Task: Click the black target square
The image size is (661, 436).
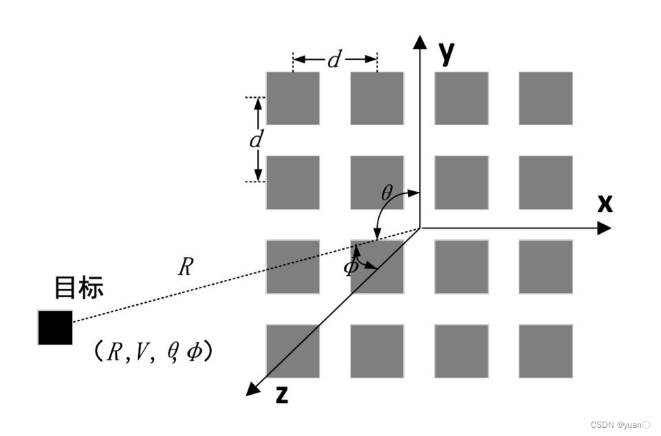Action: pyautogui.click(x=55, y=327)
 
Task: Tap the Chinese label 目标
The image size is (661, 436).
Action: pyautogui.click(x=79, y=287)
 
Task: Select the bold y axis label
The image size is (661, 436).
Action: pyautogui.click(x=447, y=52)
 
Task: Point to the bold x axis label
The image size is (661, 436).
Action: pyautogui.click(x=605, y=203)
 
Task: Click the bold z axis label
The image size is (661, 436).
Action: pyautogui.click(x=281, y=395)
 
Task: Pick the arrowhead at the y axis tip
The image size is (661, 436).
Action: pyautogui.click(x=420, y=41)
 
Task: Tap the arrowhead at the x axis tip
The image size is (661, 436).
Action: pyautogui.click(x=605, y=228)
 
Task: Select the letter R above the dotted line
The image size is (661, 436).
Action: pyautogui.click(x=184, y=267)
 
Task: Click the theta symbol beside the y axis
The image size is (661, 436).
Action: pyautogui.click(x=387, y=193)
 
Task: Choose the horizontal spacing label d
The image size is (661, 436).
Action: pyautogui.click(x=334, y=61)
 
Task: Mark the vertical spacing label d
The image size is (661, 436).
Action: pyautogui.click(x=256, y=140)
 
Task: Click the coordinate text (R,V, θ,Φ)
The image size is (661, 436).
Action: pyautogui.click(x=152, y=352)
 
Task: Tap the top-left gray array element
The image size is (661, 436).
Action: pyautogui.click(x=293, y=98)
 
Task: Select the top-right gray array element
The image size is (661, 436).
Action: pyautogui.click(x=545, y=98)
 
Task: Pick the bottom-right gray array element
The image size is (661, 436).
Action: pyautogui.click(x=545, y=351)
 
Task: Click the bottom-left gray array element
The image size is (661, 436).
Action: pyautogui.click(x=293, y=351)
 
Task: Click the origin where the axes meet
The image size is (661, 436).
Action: pyautogui.click(x=420, y=228)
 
